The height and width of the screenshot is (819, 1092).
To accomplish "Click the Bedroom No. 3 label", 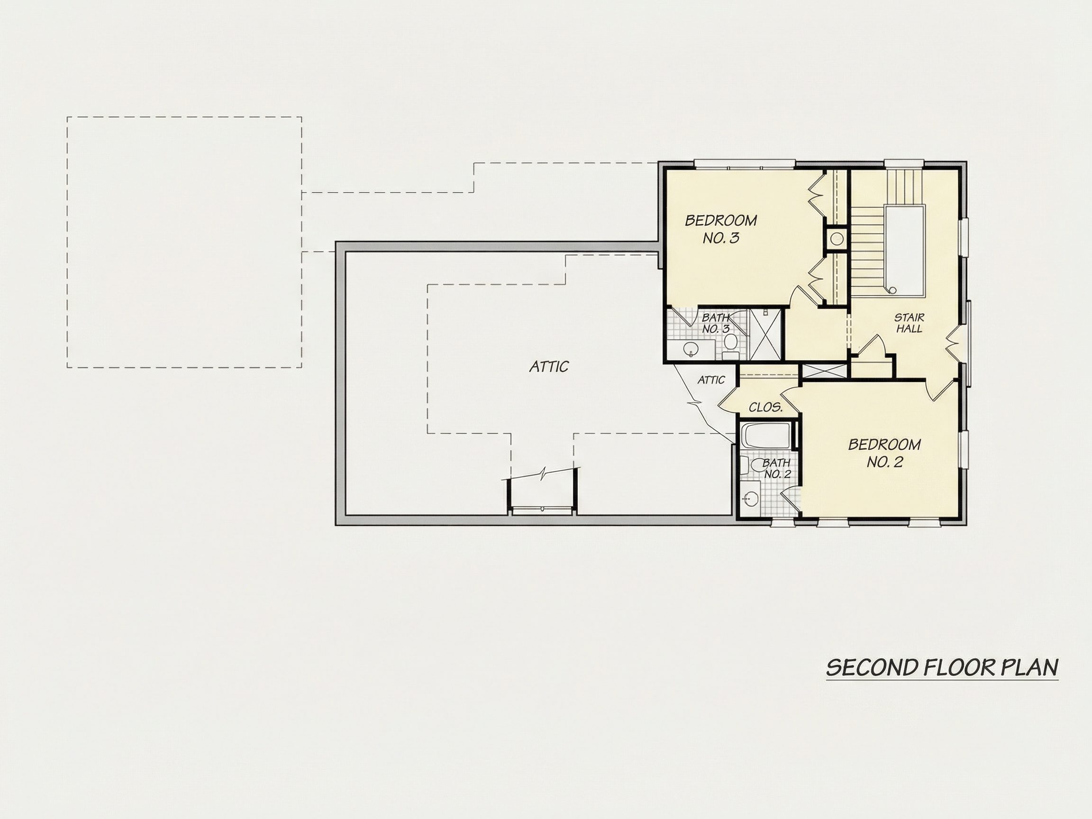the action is [x=721, y=229].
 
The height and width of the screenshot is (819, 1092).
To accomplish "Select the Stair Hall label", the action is [x=910, y=323].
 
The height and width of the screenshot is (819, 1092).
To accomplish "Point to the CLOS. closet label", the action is [x=766, y=407].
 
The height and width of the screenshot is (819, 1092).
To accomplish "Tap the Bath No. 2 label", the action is [x=776, y=468].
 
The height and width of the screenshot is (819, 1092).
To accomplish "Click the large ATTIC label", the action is [x=549, y=366].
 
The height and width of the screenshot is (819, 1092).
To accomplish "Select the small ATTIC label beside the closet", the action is [x=711, y=380].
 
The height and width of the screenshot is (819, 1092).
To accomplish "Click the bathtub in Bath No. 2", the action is [x=768, y=436].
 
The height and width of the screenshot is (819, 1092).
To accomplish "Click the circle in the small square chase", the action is [x=836, y=239].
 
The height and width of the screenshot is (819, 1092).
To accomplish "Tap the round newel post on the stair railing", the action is [x=892, y=290].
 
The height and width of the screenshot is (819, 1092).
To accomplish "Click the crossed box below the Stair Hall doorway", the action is [x=824, y=371].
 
